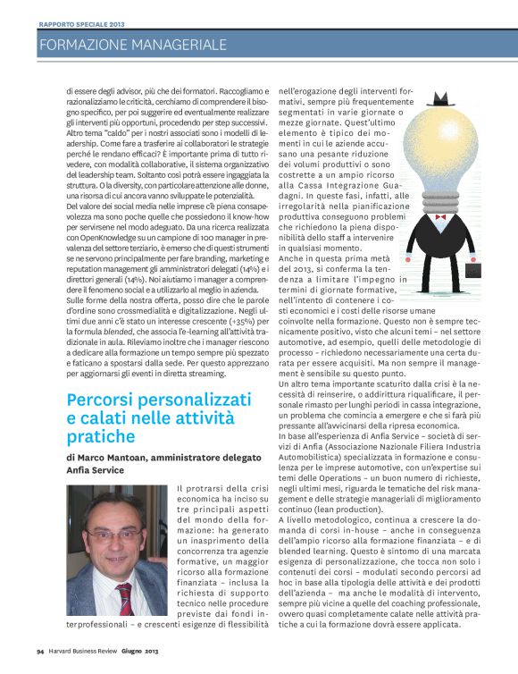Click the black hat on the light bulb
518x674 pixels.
click(444, 98)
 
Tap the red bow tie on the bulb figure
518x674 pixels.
click(439, 218)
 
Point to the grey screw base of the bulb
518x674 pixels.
click(439, 198)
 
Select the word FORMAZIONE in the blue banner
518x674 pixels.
click(81, 45)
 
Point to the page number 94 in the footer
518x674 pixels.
click(41, 662)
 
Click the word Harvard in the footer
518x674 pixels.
click(67, 662)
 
